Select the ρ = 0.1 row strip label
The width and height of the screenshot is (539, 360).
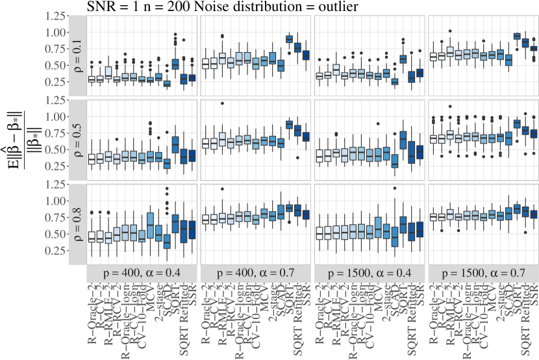point(77,57)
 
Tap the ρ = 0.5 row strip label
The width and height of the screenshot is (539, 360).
point(77,140)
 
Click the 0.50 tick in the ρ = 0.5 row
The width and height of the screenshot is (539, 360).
point(58,149)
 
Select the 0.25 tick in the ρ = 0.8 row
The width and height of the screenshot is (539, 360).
point(58,250)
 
